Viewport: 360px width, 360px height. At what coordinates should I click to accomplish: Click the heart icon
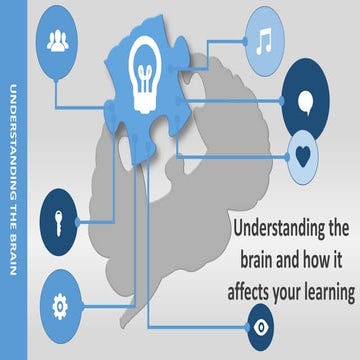303,154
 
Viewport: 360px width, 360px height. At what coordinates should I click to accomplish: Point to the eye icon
262,325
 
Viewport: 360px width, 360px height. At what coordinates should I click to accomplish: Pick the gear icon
59,302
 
